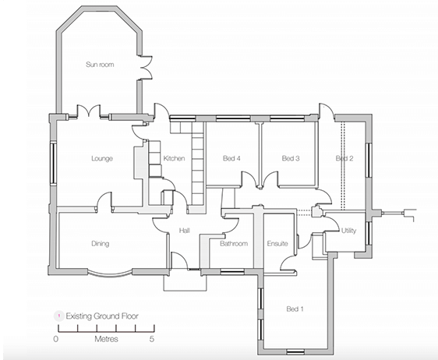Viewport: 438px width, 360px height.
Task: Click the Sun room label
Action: tap(100, 65)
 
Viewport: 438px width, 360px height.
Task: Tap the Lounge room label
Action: tap(101, 159)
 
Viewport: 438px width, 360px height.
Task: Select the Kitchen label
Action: tap(174, 159)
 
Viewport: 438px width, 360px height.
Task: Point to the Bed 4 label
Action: tap(231, 159)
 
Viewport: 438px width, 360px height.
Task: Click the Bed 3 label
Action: tap(291, 159)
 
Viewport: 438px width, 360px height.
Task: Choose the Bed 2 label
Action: tap(344, 159)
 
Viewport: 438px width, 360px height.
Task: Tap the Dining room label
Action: tap(99, 244)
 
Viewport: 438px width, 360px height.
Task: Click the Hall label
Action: tap(185, 231)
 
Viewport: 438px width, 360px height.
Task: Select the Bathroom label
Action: tap(233, 244)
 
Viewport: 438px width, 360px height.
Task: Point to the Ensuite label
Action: tap(277, 244)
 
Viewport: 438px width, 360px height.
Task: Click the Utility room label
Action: tap(349, 231)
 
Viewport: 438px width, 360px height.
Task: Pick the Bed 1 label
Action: tap(295, 309)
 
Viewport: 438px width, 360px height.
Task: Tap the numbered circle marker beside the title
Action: tap(56, 317)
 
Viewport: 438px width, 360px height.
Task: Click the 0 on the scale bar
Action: tap(56, 340)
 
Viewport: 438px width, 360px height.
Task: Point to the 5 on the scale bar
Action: tap(152, 340)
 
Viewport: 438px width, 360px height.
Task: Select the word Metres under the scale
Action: tap(102, 340)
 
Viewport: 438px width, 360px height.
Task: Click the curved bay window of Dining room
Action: tap(108, 274)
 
